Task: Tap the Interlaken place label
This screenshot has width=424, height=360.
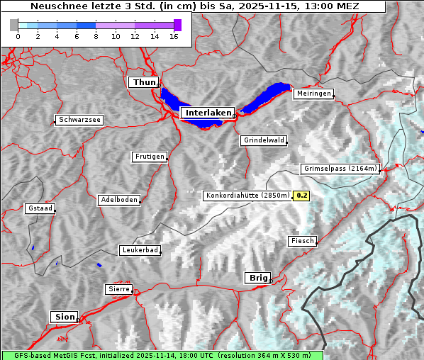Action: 208,113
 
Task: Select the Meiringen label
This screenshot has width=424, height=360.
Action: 313,94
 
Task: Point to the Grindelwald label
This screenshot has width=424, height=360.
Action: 264,140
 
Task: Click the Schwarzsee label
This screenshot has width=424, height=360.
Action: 79,120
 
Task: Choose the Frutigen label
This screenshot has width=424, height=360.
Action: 149,157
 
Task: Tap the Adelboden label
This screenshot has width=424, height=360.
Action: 118,200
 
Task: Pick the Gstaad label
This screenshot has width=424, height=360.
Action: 40,209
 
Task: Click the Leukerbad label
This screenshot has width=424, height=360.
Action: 139,250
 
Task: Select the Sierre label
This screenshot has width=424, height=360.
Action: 118,289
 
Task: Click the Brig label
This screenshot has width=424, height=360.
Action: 257,278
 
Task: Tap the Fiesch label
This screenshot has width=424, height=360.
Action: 301,241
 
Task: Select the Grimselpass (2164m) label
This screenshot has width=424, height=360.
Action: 340,169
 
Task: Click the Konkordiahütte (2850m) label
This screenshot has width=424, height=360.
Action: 247,196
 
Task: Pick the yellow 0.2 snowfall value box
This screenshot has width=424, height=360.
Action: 301,196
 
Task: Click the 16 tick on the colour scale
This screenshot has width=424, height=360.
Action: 174,36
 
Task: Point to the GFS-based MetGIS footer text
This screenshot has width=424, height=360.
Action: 162,355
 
